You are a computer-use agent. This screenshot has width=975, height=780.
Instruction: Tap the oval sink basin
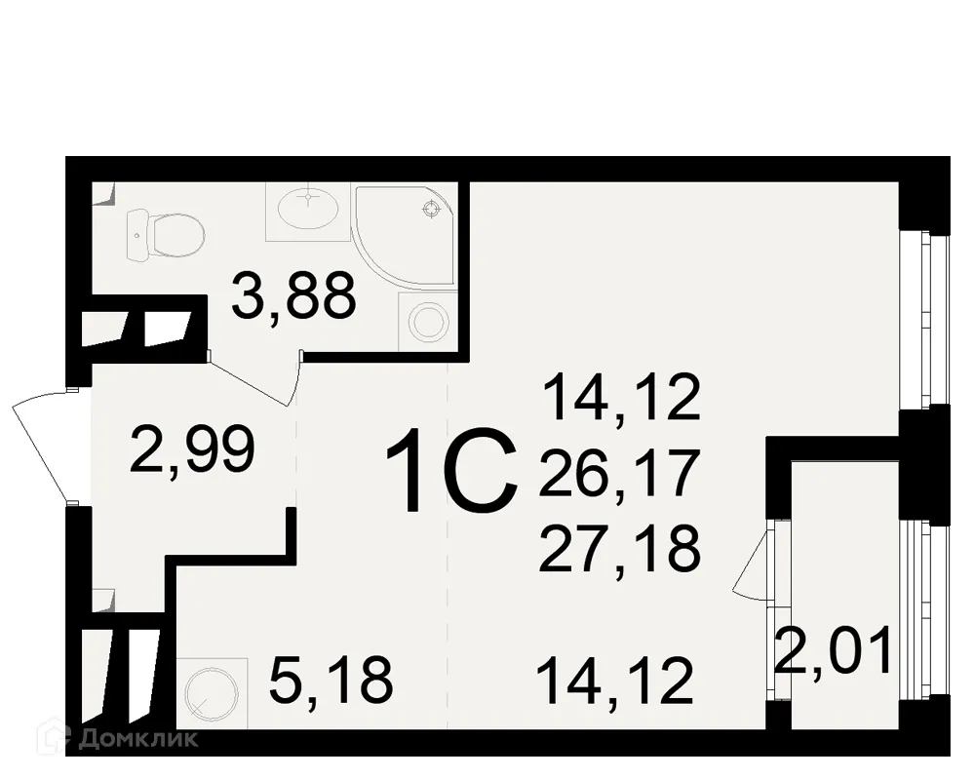(x=308, y=207)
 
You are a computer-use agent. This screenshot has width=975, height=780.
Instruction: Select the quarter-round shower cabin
(x=400, y=234)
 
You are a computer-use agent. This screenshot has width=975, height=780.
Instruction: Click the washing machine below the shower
(x=426, y=320)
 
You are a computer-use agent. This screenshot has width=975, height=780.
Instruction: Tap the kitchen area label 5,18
(x=332, y=680)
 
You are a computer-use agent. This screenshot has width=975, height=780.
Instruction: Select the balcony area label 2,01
(x=834, y=652)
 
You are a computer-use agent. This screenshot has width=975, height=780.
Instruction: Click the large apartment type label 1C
(x=450, y=475)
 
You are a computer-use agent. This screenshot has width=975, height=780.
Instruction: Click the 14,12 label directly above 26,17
(x=622, y=399)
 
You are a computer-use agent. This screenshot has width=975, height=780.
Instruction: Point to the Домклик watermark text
(x=141, y=738)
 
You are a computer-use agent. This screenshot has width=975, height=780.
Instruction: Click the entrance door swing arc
(x=39, y=444)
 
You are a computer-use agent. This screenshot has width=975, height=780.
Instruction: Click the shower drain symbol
(x=429, y=208)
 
